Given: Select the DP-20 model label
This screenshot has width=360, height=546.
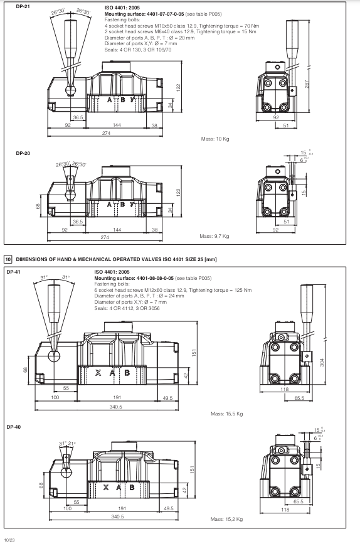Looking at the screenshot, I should (x=14, y=153).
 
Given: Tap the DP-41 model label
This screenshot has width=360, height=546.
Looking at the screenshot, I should (x=14, y=272).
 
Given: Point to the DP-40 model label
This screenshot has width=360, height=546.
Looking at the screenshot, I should (x=14, y=427).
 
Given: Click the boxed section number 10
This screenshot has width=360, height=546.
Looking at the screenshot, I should (x=8, y=259).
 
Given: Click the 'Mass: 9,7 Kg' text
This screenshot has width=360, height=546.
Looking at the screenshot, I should (x=214, y=236).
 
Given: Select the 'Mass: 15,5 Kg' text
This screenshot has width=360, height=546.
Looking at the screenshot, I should (x=226, y=414).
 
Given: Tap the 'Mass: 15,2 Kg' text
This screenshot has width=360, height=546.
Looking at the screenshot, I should (x=226, y=520).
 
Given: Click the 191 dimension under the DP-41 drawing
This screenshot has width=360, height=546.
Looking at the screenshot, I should (x=119, y=397).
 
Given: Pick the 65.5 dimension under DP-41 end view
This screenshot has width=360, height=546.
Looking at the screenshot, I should (x=299, y=397).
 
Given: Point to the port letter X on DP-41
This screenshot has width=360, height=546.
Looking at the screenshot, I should (x=97, y=373).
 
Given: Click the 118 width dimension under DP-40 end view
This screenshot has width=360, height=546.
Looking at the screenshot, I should (x=287, y=510).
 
